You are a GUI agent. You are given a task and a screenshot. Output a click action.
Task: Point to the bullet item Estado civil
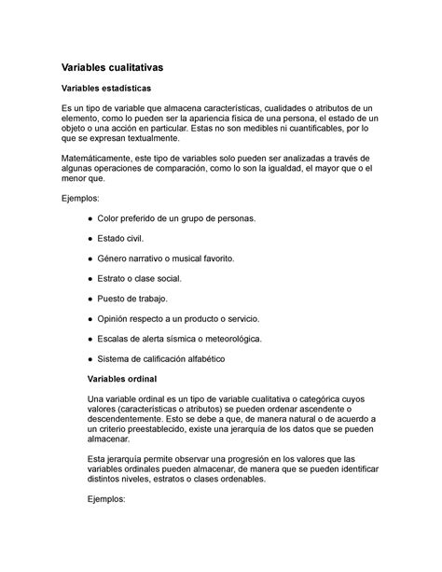tap(126, 237)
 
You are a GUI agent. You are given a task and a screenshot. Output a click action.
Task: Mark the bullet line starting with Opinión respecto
tap(175, 318)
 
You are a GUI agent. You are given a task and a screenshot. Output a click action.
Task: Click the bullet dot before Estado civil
tap(89, 237)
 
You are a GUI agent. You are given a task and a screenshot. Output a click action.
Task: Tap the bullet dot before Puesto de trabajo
tap(89, 298)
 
